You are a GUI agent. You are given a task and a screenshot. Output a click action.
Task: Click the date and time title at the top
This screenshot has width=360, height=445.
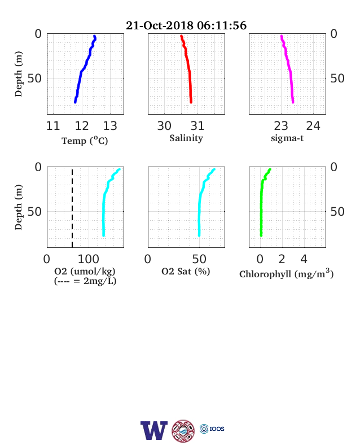coord(186,25)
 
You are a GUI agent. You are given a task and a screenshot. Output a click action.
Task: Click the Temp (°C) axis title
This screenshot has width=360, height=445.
coord(85,141)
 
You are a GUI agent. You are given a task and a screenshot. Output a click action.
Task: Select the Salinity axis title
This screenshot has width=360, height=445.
coord(186,138)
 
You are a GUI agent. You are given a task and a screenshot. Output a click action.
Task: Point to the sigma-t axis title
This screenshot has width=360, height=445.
coord(287,138)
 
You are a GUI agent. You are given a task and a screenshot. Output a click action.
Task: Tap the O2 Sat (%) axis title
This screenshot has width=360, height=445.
coord(186,272)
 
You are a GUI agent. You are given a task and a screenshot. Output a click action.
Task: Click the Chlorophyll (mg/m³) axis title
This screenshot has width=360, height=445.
coord(286,273)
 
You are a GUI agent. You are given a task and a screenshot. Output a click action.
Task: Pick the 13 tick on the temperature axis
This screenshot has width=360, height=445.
coord(110,126)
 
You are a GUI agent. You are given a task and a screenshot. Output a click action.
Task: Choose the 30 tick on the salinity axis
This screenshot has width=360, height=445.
coord(164,126)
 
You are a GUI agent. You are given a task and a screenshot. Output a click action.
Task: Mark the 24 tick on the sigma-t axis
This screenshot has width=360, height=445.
coord(313,126)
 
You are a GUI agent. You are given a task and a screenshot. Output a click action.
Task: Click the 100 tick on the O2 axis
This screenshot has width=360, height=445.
coord(89,259)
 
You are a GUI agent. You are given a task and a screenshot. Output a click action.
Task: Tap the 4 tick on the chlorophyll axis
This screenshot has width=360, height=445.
coord(304,259)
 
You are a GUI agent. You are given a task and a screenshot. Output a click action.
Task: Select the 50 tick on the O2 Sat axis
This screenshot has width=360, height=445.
coord(199,259)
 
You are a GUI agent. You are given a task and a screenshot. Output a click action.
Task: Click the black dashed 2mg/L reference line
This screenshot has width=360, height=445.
coord(72,208)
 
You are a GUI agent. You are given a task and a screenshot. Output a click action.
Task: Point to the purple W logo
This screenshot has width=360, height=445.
coord(154,430)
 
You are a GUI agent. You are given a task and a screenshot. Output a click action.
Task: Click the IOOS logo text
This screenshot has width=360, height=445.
coord(217,429)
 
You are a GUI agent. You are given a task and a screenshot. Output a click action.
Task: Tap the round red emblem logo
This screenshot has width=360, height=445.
coord(183,431)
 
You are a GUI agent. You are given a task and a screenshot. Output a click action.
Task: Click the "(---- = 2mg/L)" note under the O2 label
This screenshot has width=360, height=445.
coord(85,281)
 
